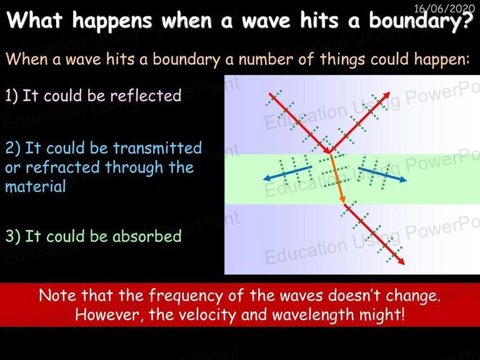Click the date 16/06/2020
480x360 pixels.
click(444, 8)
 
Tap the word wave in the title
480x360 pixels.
click(266, 21)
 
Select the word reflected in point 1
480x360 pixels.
click(146, 95)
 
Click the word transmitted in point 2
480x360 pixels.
click(157, 148)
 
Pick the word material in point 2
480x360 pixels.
click(36, 186)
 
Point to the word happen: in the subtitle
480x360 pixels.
click(441, 59)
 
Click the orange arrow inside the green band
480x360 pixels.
click(337, 179)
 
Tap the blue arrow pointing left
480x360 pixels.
click(287, 173)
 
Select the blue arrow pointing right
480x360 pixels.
click(382, 174)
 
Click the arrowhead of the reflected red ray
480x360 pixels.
click(387, 95)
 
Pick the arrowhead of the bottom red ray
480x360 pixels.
click(401, 261)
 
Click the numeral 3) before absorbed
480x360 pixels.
click(13, 236)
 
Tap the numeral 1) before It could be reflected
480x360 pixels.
click(12, 96)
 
